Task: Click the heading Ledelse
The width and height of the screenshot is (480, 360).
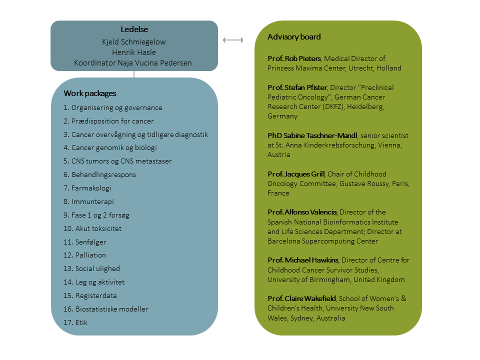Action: [x=134, y=30]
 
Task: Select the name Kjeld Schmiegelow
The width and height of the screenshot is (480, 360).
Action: [x=134, y=41]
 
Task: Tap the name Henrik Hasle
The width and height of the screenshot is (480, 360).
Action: [x=134, y=52]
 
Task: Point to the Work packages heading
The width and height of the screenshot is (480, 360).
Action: [x=90, y=93]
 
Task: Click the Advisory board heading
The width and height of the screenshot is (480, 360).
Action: [x=294, y=37]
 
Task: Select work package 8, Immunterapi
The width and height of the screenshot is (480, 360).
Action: [x=89, y=201]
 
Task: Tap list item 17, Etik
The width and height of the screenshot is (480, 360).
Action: [x=75, y=322]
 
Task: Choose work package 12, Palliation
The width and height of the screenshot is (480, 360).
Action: [x=84, y=255]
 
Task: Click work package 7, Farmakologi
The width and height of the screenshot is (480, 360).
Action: [x=87, y=188]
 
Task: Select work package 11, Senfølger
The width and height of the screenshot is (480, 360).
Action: [x=85, y=242]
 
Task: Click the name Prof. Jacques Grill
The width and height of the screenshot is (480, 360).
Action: [x=296, y=174]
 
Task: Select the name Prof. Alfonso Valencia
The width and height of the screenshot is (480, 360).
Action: [x=301, y=212]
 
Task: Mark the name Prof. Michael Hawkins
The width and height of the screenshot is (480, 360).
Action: [x=303, y=260]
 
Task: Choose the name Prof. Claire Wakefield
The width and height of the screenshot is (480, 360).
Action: [x=302, y=298]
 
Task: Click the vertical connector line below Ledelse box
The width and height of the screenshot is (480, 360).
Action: [x=134, y=74]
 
